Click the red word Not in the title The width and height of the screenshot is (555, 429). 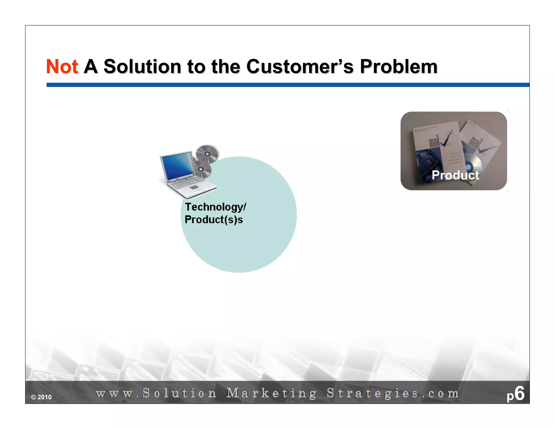62,66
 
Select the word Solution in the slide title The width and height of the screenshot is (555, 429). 142,66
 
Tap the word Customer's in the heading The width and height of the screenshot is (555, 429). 300,66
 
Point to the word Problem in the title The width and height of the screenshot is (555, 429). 398,66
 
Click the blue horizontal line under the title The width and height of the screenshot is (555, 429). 287,85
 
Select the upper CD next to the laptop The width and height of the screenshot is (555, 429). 207,154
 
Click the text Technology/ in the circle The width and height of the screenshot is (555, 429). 215,207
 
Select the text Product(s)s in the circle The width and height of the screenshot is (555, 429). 214,220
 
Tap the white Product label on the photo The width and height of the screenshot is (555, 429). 455,175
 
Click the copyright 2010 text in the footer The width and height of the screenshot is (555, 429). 41,397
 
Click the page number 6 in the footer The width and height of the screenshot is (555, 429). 519,393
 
